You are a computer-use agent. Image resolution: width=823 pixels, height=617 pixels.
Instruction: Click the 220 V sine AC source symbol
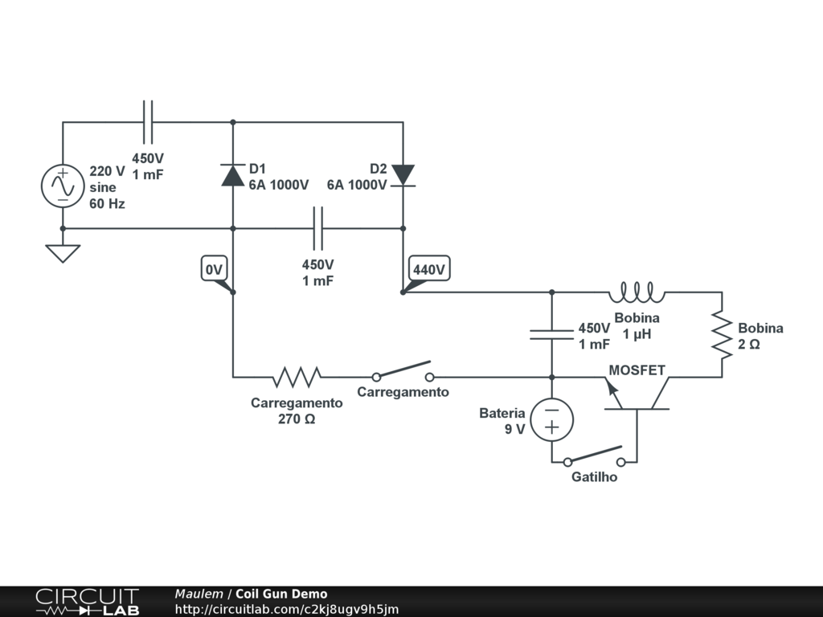coord(63,186)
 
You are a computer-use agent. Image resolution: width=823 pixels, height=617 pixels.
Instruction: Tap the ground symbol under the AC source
coord(63,253)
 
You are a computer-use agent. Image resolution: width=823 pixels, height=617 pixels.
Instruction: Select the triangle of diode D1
coord(233,175)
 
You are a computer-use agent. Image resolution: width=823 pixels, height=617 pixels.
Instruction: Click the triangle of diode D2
coord(403,175)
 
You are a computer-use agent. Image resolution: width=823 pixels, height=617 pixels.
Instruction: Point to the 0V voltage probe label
coord(214,268)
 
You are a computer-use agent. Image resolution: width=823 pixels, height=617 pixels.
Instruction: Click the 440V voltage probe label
coord(429,268)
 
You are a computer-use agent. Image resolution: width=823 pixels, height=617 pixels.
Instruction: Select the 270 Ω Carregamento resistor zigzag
coord(297,377)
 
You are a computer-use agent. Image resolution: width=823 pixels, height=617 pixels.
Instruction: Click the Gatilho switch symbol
coord(594,456)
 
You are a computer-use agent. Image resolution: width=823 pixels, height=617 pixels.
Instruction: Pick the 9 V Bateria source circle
coord(551,419)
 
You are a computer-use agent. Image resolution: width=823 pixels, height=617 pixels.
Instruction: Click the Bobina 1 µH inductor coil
coord(637,292)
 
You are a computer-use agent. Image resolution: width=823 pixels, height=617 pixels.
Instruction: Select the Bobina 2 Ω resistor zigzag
coord(722,335)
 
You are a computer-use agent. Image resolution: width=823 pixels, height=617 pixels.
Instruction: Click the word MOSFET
coord(637,370)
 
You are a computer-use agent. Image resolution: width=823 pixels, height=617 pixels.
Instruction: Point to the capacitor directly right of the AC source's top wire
coord(148,122)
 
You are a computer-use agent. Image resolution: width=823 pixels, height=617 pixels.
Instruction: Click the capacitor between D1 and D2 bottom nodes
coord(318,228)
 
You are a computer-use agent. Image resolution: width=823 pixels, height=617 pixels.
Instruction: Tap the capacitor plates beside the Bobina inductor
coord(551,335)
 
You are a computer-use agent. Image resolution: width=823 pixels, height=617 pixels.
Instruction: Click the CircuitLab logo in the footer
coord(87,601)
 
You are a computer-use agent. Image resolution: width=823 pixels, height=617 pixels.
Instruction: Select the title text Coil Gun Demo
coord(281,594)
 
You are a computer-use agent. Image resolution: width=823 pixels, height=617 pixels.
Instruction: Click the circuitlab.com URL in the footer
coord(287,609)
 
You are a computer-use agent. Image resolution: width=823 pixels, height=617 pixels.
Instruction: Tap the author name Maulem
coord(199,594)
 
